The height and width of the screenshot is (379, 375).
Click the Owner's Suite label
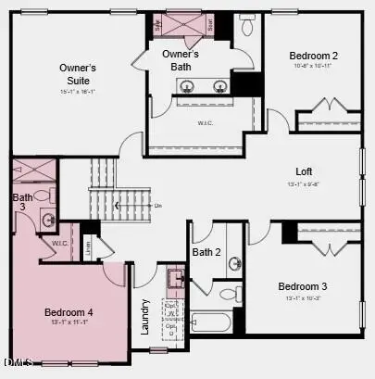[78, 74]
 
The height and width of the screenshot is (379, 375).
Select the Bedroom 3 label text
[304, 286]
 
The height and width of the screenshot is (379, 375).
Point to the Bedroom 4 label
[69, 312]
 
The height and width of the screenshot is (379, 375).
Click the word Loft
[304, 172]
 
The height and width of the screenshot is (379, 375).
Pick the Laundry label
[145, 315]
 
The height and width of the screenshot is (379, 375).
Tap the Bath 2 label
[206, 252]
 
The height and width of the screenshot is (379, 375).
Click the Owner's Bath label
[181, 60]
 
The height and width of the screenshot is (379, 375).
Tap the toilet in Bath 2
[227, 295]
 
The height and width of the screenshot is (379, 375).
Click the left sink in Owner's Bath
[187, 87]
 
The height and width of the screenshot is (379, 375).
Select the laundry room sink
[175, 277]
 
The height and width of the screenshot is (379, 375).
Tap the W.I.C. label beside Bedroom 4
[60, 244]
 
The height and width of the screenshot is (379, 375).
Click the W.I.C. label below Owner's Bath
[206, 122]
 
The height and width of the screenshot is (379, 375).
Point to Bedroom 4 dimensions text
[69, 323]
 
